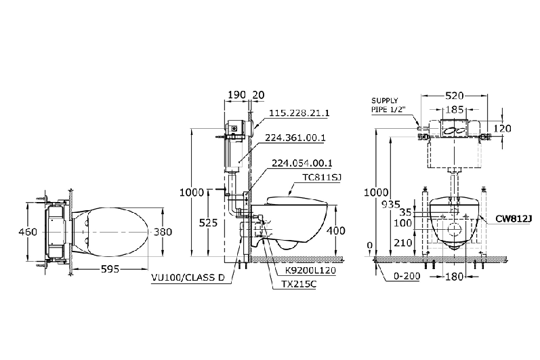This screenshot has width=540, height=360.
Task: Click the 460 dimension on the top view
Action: point(28,232)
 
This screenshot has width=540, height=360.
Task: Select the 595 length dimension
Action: point(110,268)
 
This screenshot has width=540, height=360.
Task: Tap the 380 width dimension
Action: point(163,232)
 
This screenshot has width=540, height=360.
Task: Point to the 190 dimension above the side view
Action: point(237,95)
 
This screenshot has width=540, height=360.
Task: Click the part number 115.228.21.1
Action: point(299,113)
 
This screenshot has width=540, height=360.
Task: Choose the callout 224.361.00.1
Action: point(295,138)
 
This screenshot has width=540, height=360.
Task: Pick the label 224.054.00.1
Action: point(302,163)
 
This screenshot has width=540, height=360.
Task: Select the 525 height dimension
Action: point(209,223)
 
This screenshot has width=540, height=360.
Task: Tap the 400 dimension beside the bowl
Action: point(335,231)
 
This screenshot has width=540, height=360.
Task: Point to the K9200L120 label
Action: point(310,271)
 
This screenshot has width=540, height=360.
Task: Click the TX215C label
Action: point(294,284)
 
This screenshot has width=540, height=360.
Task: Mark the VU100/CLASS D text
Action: point(188,277)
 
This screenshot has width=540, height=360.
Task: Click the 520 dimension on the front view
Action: point(454,96)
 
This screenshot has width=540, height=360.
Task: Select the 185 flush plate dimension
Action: point(455,110)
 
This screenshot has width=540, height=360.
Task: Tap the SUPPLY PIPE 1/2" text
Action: point(388,105)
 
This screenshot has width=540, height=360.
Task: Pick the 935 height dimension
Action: point(391,205)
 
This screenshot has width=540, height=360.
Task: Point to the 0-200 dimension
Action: point(407,276)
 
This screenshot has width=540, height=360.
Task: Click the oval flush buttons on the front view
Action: point(454,131)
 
